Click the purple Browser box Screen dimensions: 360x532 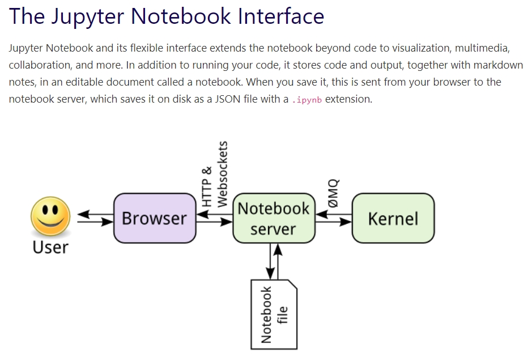click(x=154, y=218)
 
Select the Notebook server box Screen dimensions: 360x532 click(x=274, y=218)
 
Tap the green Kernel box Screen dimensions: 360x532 click(x=393, y=218)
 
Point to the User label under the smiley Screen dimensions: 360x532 click(x=50, y=248)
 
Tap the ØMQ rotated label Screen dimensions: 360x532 click(x=333, y=192)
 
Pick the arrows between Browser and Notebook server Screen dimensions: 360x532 click(x=214, y=218)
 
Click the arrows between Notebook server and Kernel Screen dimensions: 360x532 click(x=333, y=218)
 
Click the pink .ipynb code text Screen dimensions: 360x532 click(x=307, y=100)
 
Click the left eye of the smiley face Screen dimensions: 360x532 click(x=45, y=210)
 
